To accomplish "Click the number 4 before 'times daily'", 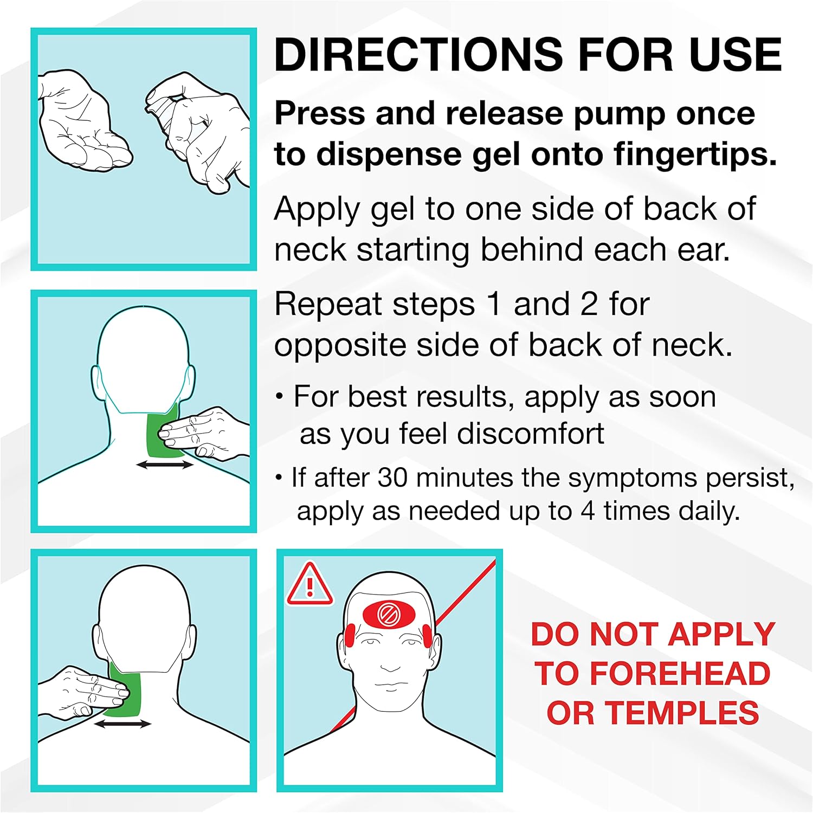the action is coord(588,511).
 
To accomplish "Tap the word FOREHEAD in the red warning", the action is coord(679,674).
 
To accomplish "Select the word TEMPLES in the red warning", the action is coord(682,712).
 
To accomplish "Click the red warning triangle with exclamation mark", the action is coord(309,584).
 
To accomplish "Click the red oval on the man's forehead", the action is coord(389,615).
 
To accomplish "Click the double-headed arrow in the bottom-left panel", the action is coord(122,724).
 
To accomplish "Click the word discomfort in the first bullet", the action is coord(530,434).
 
